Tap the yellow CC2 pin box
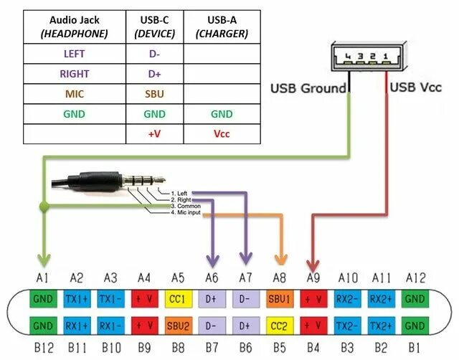click(x=279, y=327)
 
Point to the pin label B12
click(x=42, y=349)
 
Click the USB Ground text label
click(x=309, y=89)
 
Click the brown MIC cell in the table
click(x=74, y=94)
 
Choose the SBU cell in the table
click(x=154, y=94)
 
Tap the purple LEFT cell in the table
click(x=74, y=53)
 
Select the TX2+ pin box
click(x=381, y=327)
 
